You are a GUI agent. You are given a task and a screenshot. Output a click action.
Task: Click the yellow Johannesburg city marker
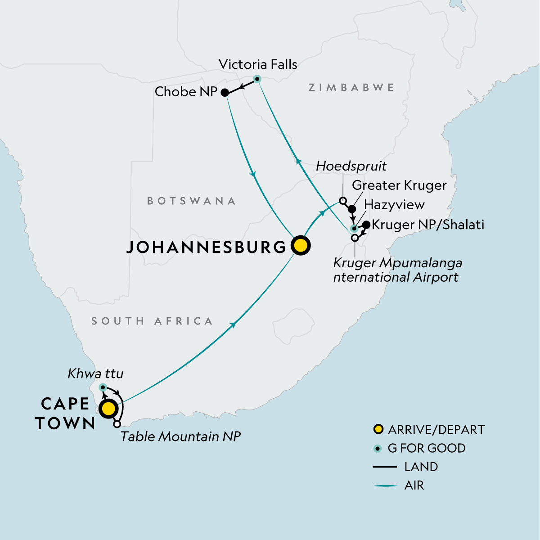pyautogui.click(x=301, y=246)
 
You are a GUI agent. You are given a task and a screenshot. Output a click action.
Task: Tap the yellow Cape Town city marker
pyautogui.click(x=108, y=409)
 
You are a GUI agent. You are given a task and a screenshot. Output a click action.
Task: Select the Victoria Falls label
pyautogui.click(x=258, y=64)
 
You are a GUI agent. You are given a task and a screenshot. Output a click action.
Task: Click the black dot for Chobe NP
pyautogui.click(x=225, y=93)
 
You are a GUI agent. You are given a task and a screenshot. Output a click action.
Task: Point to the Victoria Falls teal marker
pyautogui.click(x=257, y=79)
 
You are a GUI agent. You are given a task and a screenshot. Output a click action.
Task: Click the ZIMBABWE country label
pyautogui.click(x=351, y=87)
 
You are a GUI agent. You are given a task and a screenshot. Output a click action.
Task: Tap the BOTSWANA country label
pyautogui.click(x=191, y=201)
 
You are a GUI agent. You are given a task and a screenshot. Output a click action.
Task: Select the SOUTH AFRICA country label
pyautogui.click(x=152, y=321)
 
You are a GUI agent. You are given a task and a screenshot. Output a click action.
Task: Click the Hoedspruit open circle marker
pyautogui.click(x=342, y=201)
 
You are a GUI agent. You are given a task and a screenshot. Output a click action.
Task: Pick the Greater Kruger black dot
pyautogui.click(x=352, y=209)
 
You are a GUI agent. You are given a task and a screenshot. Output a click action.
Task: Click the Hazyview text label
pyautogui.click(x=394, y=205)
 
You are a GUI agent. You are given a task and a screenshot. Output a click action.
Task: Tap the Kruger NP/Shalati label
pyautogui.click(x=428, y=225)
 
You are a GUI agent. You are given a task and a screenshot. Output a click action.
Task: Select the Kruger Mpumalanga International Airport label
pyautogui.click(x=397, y=270)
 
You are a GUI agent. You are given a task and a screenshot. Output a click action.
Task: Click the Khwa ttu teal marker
pyautogui.click(x=103, y=387)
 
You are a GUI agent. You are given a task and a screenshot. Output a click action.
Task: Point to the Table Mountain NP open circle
pyautogui.click(x=117, y=424)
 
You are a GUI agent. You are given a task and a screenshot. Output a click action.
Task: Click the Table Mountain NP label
pyautogui.click(x=180, y=436)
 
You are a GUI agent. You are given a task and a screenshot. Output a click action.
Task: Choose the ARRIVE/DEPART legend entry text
pyautogui.click(x=436, y=430)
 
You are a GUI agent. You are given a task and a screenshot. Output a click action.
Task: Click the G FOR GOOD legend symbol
pyautogui.click(x=378, y=448)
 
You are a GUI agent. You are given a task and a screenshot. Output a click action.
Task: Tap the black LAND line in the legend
pyautogui.click(x=385, y=467)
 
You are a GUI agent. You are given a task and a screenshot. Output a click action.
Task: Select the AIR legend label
pyautogui.click(x=414, y=486)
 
